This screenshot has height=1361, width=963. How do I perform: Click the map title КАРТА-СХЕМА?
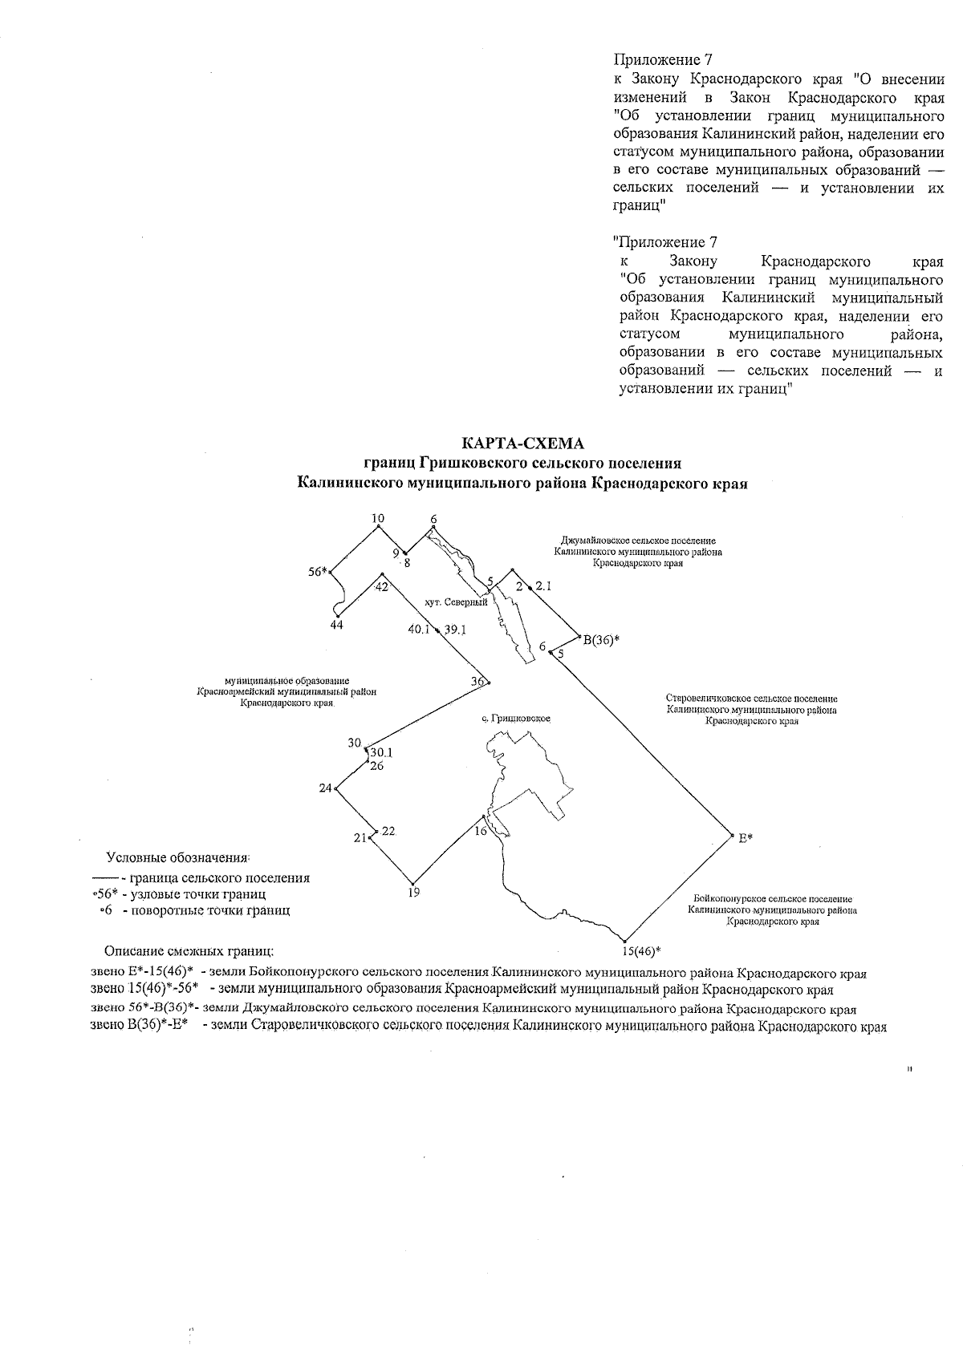(x=522, y=444)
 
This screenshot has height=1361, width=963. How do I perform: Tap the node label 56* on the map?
(x=318, y=572)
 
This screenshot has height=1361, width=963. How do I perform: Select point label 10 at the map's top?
(x=379, y=519)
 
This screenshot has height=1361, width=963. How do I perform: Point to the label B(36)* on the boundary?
(x=601, y=639)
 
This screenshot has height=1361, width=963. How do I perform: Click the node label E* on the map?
(x=746, y=837)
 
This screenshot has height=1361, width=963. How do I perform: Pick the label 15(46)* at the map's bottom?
(x=641, y=952)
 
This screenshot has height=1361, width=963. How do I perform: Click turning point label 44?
(x=337, y=625)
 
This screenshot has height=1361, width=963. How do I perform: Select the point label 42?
(x=382, y=587)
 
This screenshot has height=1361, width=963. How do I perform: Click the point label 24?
(x=325, y=788)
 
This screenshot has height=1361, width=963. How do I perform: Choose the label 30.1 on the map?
(x=381, y=753)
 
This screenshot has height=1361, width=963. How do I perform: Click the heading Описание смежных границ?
(x=189, y=952)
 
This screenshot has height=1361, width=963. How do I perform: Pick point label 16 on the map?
(x=481, y=832)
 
